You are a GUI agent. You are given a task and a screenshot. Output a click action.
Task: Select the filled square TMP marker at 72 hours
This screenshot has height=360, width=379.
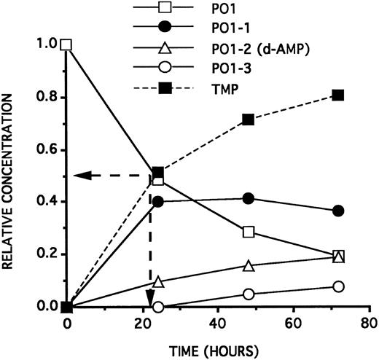337,95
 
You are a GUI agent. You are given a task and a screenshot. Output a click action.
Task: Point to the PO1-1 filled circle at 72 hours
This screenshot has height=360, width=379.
337,211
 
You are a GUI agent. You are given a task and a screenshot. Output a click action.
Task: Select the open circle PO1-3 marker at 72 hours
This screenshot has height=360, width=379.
337,286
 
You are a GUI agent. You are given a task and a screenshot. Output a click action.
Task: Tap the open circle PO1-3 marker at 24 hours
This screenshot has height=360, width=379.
158,307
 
